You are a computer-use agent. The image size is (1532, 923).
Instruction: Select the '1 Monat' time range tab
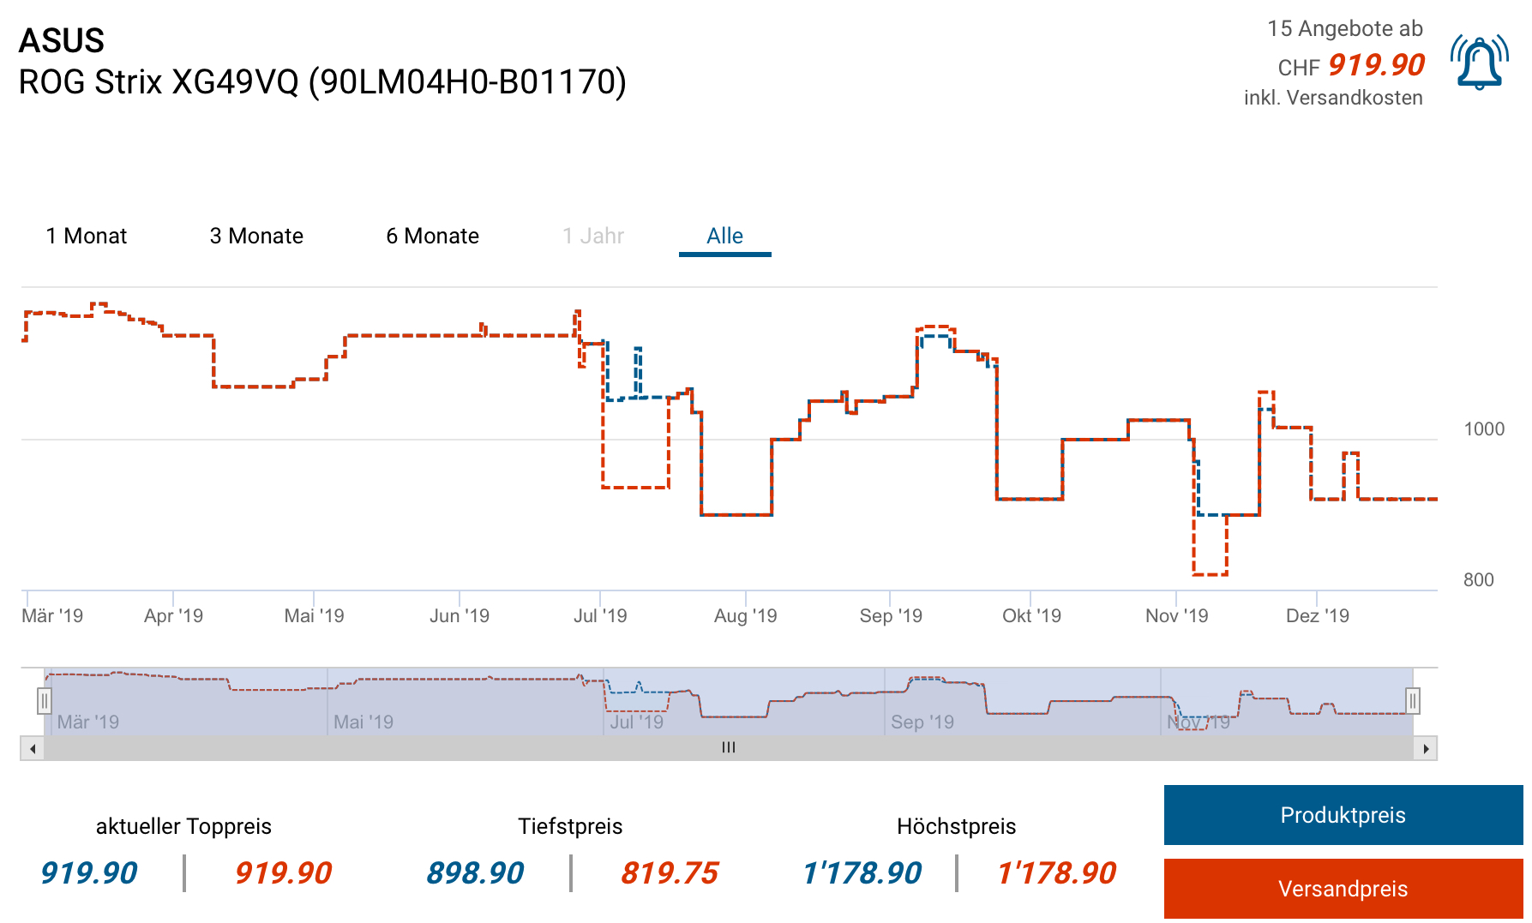[x=87, y=236]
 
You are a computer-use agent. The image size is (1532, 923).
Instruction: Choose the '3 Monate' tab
[x=256, y=236]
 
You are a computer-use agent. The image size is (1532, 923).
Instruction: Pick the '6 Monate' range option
[x=432, y=236]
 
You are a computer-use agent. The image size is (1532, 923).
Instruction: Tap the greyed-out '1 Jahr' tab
[x=593, y=236]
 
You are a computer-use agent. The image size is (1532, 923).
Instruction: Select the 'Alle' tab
[x=724, y=236]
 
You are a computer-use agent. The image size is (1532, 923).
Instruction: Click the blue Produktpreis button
[x=1343, y=815]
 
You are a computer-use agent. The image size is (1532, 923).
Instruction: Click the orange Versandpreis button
[x=1343, y=889]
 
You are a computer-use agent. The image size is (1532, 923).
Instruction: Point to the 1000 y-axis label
[x=1484, y=429]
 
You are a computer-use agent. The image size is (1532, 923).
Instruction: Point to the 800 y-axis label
[x=1478, y=580]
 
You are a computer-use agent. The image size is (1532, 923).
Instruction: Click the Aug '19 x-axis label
[x=745, y=615]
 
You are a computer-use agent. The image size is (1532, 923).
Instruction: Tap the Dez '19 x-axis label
[x=1317, y=615]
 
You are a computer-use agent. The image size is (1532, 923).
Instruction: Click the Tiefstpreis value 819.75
[x=670, y=873]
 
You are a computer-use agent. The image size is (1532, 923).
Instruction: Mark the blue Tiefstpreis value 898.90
[x=475, y=873]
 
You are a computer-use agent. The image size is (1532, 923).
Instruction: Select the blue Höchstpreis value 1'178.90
[x=862, y=873]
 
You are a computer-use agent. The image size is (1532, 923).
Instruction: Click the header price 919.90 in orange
[x=1376, y=65]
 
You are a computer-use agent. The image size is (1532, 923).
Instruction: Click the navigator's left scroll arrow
[x=33, y=749]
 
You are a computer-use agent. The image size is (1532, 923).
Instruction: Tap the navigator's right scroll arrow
[x=1426, y=749]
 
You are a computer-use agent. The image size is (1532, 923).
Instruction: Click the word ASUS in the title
[x=62, y=40]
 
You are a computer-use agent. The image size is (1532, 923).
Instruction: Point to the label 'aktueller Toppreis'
[x=183, y=826]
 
